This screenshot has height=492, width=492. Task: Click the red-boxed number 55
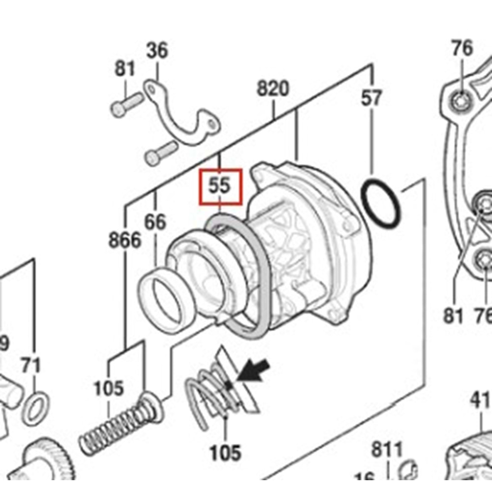click(x=220, y=186)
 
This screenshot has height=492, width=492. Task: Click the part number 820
click(x=273, y=89)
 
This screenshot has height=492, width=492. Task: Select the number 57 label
click(x=371, y=98)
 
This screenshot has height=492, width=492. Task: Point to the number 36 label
click(x=157, y=50)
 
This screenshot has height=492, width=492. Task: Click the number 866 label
click(x=124, y=241)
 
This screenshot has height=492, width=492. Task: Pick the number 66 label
click(x=155, y=222)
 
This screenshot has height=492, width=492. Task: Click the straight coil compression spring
click(x=113, y=430)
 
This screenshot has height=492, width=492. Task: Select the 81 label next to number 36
click(x=124, y=69)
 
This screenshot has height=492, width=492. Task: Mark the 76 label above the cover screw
click(x=462, y=49)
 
